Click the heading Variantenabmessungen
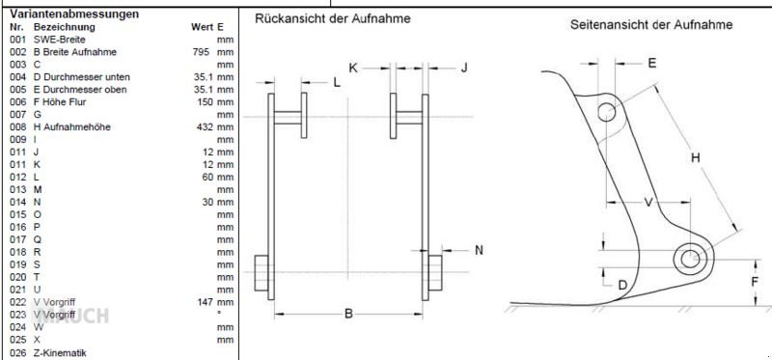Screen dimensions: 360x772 tap(74, 14)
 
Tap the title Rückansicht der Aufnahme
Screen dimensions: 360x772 tap(332, 19)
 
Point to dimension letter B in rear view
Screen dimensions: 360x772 tap(348, 313)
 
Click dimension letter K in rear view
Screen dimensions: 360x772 tap(353, 68)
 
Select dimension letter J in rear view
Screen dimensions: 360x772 tap(463, 68)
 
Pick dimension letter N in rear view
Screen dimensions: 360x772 tap(479, 250)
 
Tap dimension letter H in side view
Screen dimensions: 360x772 tap(695, 156)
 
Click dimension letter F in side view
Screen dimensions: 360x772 tap(756, 281)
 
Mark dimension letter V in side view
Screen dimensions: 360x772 tap(648, 202)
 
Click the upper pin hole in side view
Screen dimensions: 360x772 tap(606, 112)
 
